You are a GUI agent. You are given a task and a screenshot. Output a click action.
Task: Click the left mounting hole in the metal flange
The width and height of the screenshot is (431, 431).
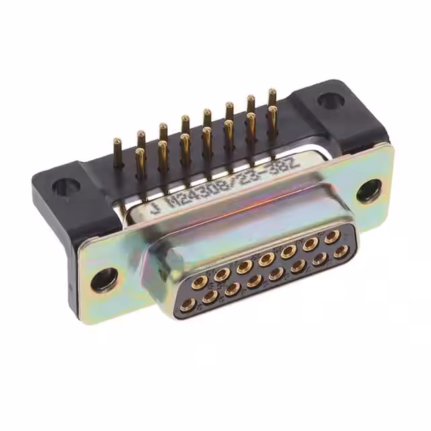tap(105, 278)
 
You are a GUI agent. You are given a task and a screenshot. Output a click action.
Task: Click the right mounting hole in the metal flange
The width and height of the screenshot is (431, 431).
tap(368, 191)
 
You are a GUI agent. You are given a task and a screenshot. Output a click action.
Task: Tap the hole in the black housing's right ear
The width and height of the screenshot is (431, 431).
tap(329, 101)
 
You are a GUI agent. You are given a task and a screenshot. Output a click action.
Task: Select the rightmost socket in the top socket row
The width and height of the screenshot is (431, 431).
tap(331, 236)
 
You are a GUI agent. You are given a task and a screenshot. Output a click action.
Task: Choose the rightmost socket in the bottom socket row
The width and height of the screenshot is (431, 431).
tap(342, 253)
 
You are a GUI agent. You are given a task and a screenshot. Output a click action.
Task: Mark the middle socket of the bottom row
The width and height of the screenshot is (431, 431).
tap(276, 273)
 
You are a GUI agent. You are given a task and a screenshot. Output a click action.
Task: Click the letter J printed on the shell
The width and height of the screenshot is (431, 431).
tap(156, 208)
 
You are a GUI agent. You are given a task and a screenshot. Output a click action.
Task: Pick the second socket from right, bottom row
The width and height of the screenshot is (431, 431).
tap(321, 259)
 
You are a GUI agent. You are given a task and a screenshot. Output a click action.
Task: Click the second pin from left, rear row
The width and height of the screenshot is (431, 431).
tap(141, 137)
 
